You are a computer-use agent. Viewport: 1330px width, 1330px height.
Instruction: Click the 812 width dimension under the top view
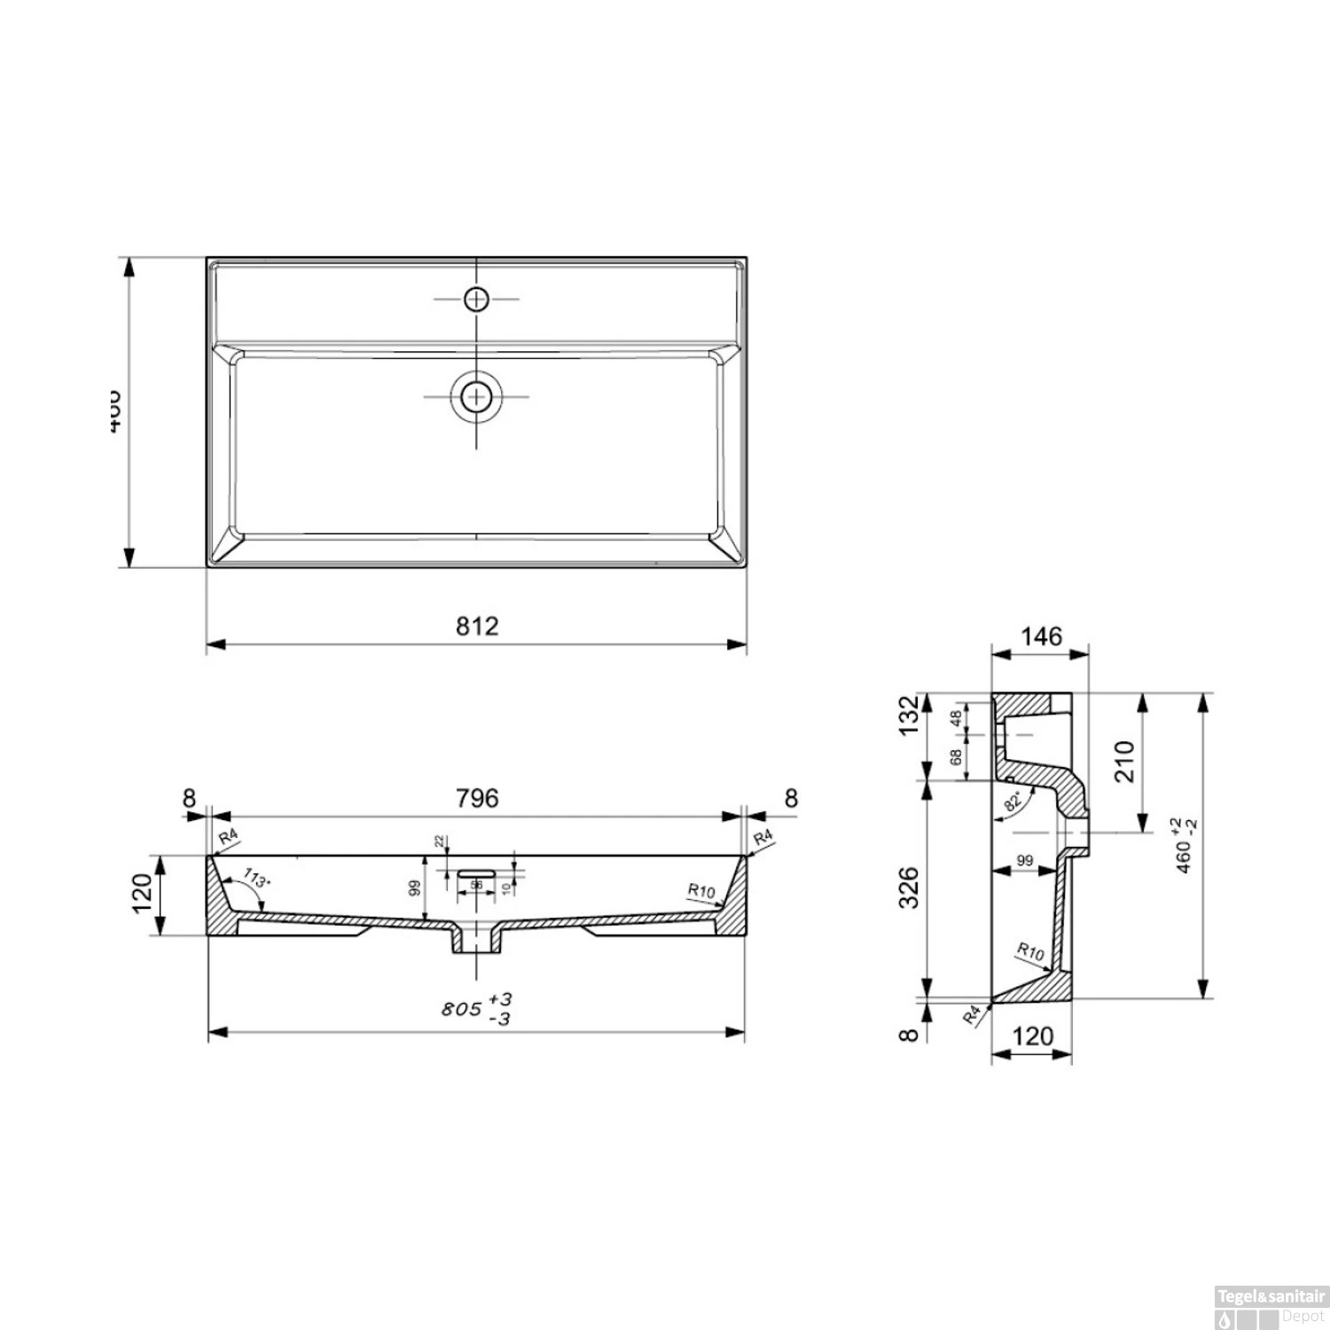click(x=477, y=626)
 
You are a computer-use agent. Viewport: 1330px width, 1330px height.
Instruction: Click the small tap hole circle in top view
click(x=477, y=299)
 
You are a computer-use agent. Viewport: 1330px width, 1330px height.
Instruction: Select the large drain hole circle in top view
click(x=477, y=396)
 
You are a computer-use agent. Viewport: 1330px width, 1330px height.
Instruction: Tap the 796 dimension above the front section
click(x=477, y=798)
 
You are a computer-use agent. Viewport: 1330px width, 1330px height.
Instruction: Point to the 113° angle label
click(x=255, y=880)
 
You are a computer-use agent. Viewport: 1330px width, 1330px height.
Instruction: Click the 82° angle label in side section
click(x=1015, y=801)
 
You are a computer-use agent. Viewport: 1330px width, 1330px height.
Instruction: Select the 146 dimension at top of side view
click(x=1041, y=637)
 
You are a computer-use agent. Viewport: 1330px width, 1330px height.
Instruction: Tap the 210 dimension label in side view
click(x=1124, y=761)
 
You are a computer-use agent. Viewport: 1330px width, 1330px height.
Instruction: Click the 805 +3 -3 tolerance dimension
click(x=478, y=1009)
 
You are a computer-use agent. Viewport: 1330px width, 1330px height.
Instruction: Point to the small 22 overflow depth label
click(x=438, y=842)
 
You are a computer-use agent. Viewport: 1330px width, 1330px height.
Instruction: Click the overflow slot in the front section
click(x=477, y=872)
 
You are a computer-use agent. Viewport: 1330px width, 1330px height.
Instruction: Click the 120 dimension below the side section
click(x=1032, y=1036)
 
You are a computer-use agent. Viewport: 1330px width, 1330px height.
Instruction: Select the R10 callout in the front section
click(x=700, y=891)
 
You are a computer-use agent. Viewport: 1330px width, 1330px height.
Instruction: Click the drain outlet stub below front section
click(x=477, y=942)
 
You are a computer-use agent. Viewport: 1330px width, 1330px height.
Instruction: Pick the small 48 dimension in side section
click(x=956, y=718)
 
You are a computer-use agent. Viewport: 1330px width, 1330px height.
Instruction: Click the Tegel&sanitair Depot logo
click(x=1271, y=1307)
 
